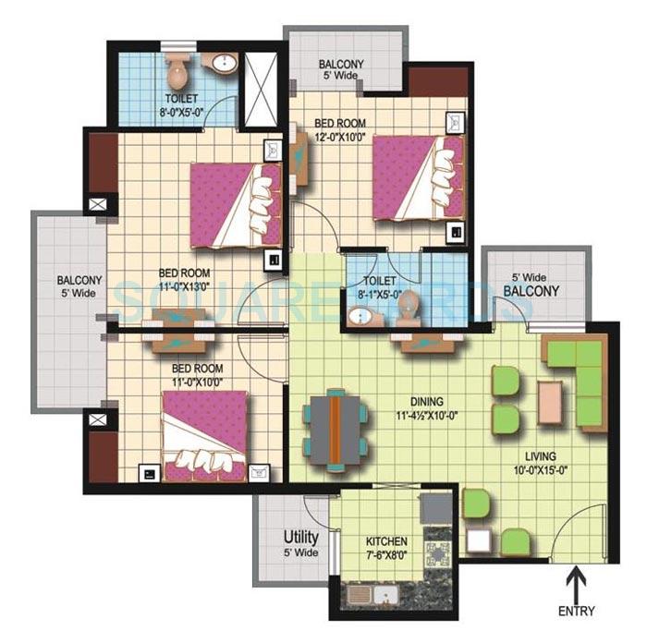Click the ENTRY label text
(578, 611)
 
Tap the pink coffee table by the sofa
(550, 400)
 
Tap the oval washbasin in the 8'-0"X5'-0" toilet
(223, 64)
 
